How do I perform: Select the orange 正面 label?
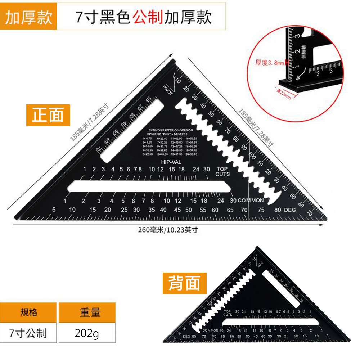48,115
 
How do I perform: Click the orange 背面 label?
184,283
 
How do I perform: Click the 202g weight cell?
87,333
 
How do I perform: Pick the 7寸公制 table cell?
28,333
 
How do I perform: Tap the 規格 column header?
28,312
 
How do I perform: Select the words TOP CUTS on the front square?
222,172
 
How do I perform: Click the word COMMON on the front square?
251,201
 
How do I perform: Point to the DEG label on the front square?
290,210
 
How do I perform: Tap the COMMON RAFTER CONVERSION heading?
170,130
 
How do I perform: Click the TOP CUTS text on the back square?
228,313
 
